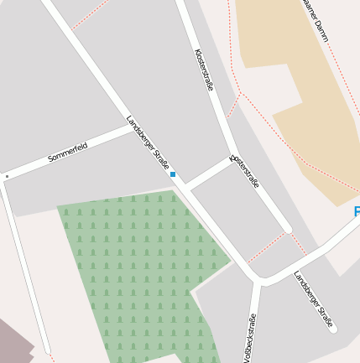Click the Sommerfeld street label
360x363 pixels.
click(68, 153)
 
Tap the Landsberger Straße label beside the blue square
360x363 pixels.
click(148, 143)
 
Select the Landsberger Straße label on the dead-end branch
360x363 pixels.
click(314, 298)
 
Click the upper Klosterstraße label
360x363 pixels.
click(204, 69)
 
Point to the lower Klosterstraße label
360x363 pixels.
click(245, 170)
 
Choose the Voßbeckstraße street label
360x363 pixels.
click(249, 337)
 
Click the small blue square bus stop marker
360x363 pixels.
click(173, 174)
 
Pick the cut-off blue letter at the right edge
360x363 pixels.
click(356, 210)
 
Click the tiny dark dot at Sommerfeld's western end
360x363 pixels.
click(7, 177)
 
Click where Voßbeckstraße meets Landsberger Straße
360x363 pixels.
click(257, 282)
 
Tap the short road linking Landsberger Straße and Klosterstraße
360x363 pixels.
click(207, 172)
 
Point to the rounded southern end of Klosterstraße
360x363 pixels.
click(288, 228)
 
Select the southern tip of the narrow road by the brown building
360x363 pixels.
click(47, 350)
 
